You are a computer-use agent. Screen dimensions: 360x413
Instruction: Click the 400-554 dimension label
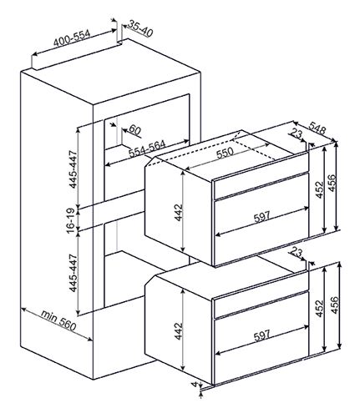click(x=72, y=38)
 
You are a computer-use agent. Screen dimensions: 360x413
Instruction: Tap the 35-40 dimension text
click(x=140, y=29)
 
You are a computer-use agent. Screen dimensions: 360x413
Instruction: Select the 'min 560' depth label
click(x=58, y=320)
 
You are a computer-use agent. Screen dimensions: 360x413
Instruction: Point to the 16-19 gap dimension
click(x=72, y=220)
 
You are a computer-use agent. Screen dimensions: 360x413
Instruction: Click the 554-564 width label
click(x=147, y=149)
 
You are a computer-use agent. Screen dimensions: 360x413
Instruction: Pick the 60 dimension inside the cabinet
click(x=134, y=130)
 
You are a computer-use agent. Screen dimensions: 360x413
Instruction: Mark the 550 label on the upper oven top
click(x=225, y=153)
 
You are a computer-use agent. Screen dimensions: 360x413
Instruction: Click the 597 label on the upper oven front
click(x=262, y=216)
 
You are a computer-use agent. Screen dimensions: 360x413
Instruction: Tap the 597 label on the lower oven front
click(x=262, y=335)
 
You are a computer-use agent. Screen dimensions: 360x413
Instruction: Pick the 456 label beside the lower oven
click(x=335, y=305)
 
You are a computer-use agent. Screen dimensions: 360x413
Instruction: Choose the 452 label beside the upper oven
click(x=320, y=190)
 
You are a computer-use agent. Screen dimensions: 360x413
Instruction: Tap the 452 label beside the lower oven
click(x=319, y=309)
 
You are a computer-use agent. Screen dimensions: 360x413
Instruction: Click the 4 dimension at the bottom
click(x=195, y=385)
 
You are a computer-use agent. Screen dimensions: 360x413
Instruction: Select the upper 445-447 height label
click(x=73, y=169)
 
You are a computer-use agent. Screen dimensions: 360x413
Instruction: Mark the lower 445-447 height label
click(x=73, y=273)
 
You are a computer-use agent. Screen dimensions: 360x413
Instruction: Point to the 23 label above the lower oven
click(x=296, y=252)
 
